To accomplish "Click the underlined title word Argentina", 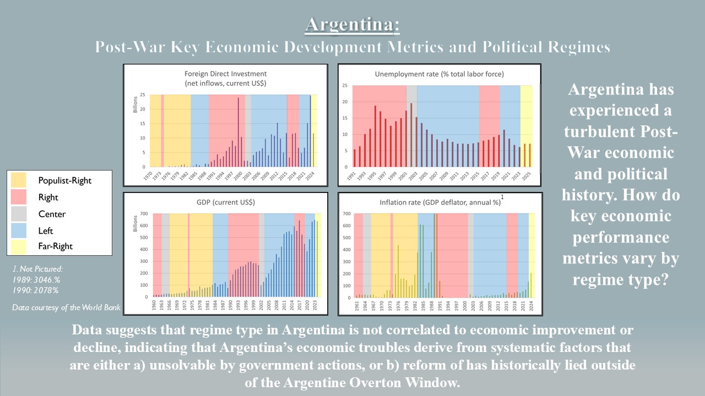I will [352, 25].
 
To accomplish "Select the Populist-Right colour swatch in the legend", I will [18, 180].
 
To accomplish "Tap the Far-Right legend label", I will [56, 246].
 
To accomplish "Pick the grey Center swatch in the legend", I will [18, 213].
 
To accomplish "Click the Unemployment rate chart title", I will [439, 74].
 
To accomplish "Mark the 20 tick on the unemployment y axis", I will [344, 102].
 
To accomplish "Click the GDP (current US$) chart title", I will [226, 202].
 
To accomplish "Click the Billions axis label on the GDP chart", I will [134, 226].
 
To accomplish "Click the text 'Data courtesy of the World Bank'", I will [67, 307].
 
